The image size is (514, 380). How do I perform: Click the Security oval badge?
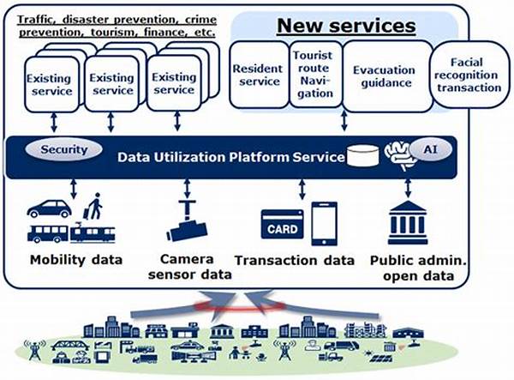click(65, 149)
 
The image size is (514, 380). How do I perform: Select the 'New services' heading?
click(344, 27)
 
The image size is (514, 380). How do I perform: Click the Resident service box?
click(256, 75)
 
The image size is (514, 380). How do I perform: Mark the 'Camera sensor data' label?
click(187, 267)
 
